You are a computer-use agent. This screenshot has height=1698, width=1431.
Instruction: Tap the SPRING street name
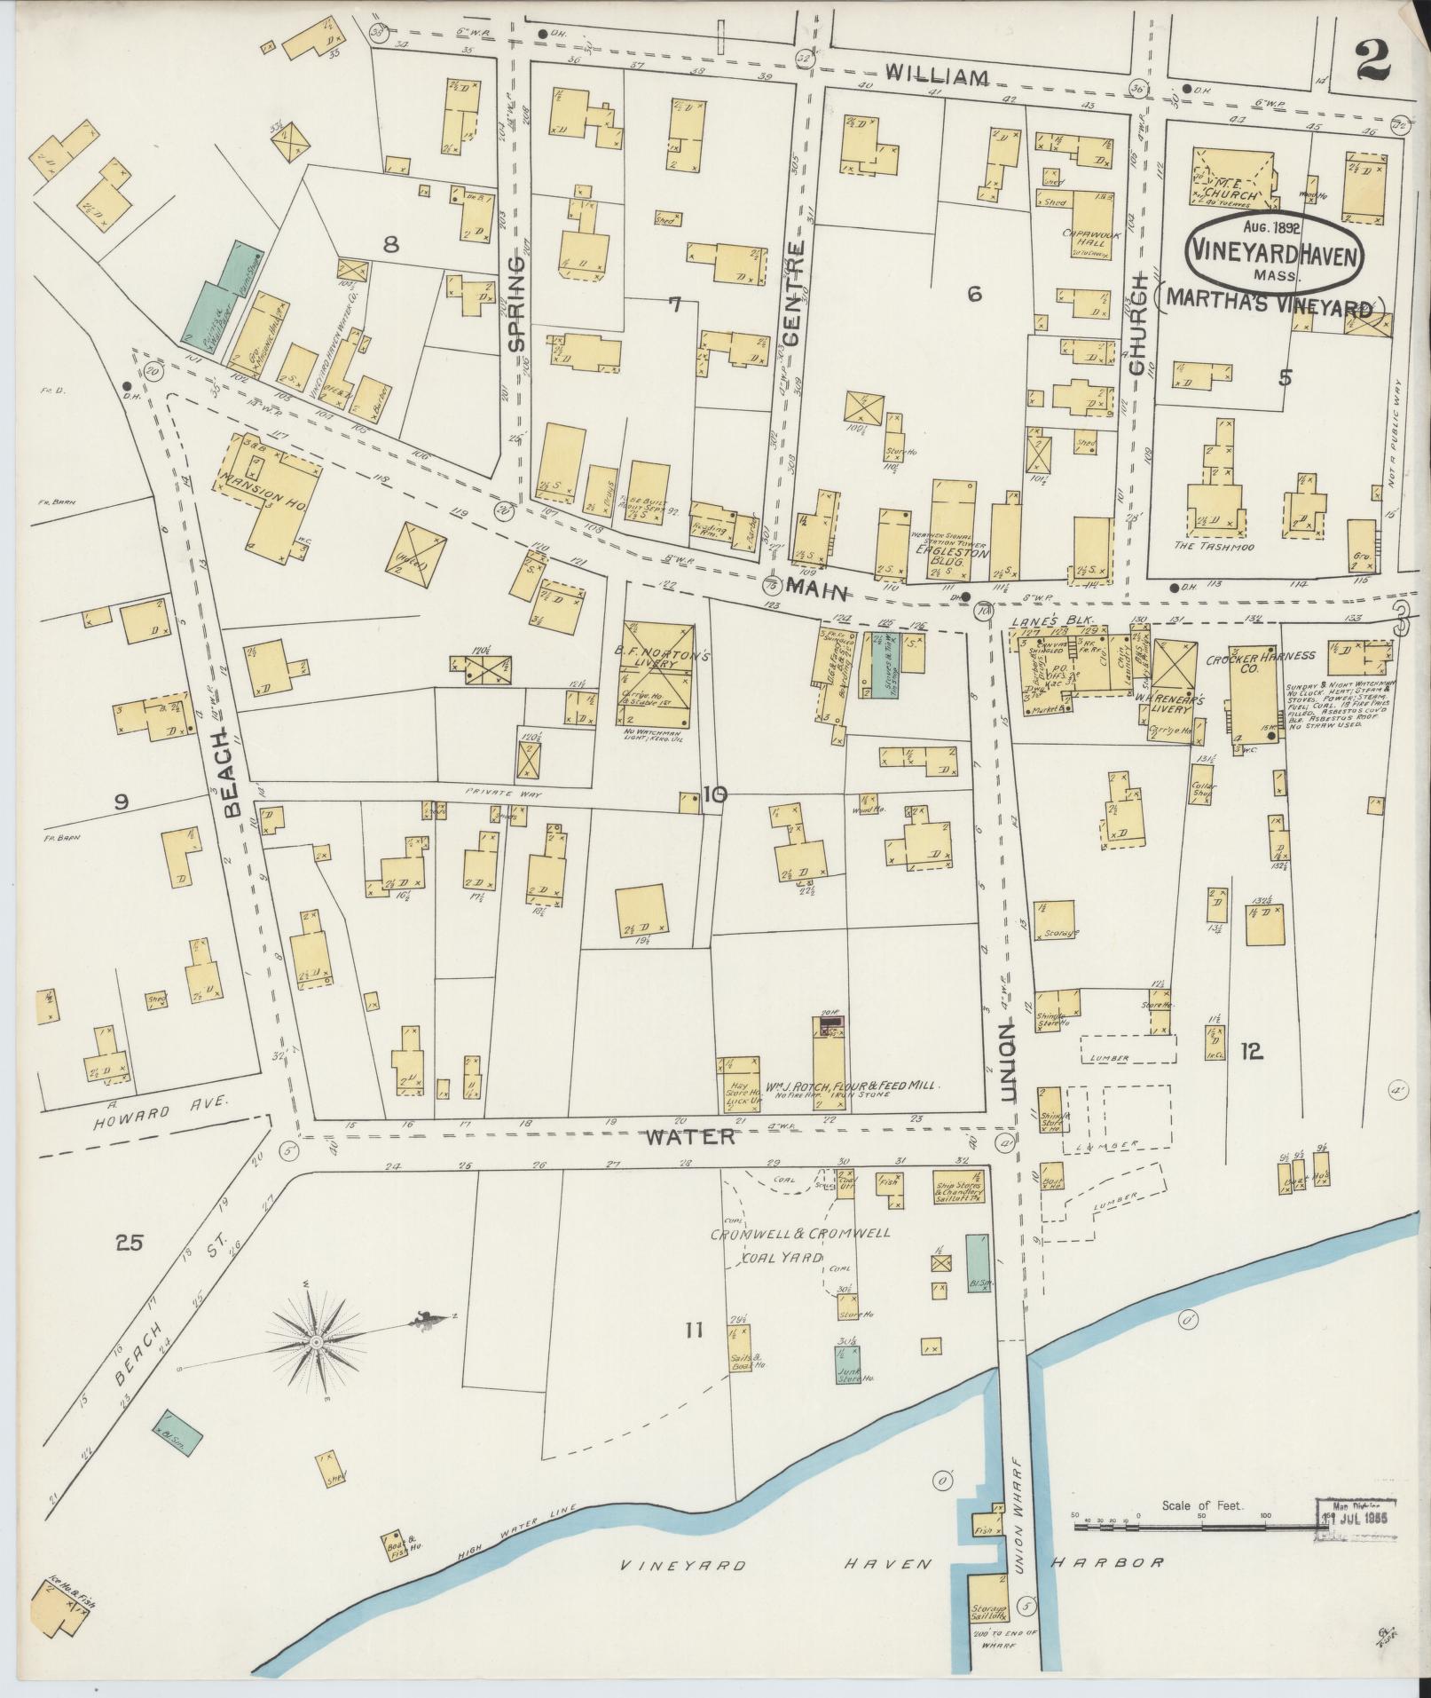tap(517, 303)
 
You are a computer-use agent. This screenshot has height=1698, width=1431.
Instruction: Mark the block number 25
tap(129, 1242)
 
